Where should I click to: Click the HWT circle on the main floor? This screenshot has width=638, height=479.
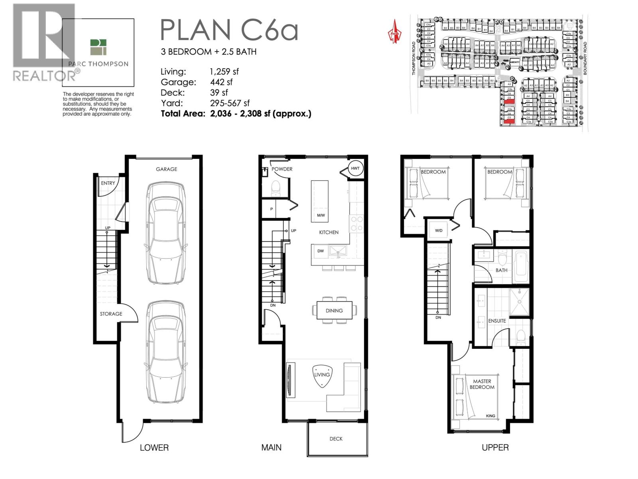point(355,168)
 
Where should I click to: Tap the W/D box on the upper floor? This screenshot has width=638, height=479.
point(438,230)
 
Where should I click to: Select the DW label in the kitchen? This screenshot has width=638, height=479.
point(321,251)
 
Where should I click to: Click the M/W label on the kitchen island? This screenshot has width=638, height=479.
point(321,215)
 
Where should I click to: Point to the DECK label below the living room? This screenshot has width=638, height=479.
point(336,439)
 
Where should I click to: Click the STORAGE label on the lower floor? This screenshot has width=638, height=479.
point(111,314)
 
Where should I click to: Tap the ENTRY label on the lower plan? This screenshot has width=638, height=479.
point(108,183)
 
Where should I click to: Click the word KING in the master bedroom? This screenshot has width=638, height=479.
point(490,416)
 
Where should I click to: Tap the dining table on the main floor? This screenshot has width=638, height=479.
point(334,311)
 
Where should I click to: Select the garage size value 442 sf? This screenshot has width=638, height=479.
point(221,82)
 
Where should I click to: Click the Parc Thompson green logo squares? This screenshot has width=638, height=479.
point(98,47)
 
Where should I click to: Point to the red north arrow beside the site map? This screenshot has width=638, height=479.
point(394,32)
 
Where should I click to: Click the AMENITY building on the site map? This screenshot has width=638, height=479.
point(514,62)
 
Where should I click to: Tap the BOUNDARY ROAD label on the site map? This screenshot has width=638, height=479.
point(585,58)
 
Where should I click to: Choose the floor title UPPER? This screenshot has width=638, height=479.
point(495,447)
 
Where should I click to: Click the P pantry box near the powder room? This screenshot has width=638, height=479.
point(272,209)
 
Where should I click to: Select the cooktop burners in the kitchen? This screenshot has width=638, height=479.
point(356,224)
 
